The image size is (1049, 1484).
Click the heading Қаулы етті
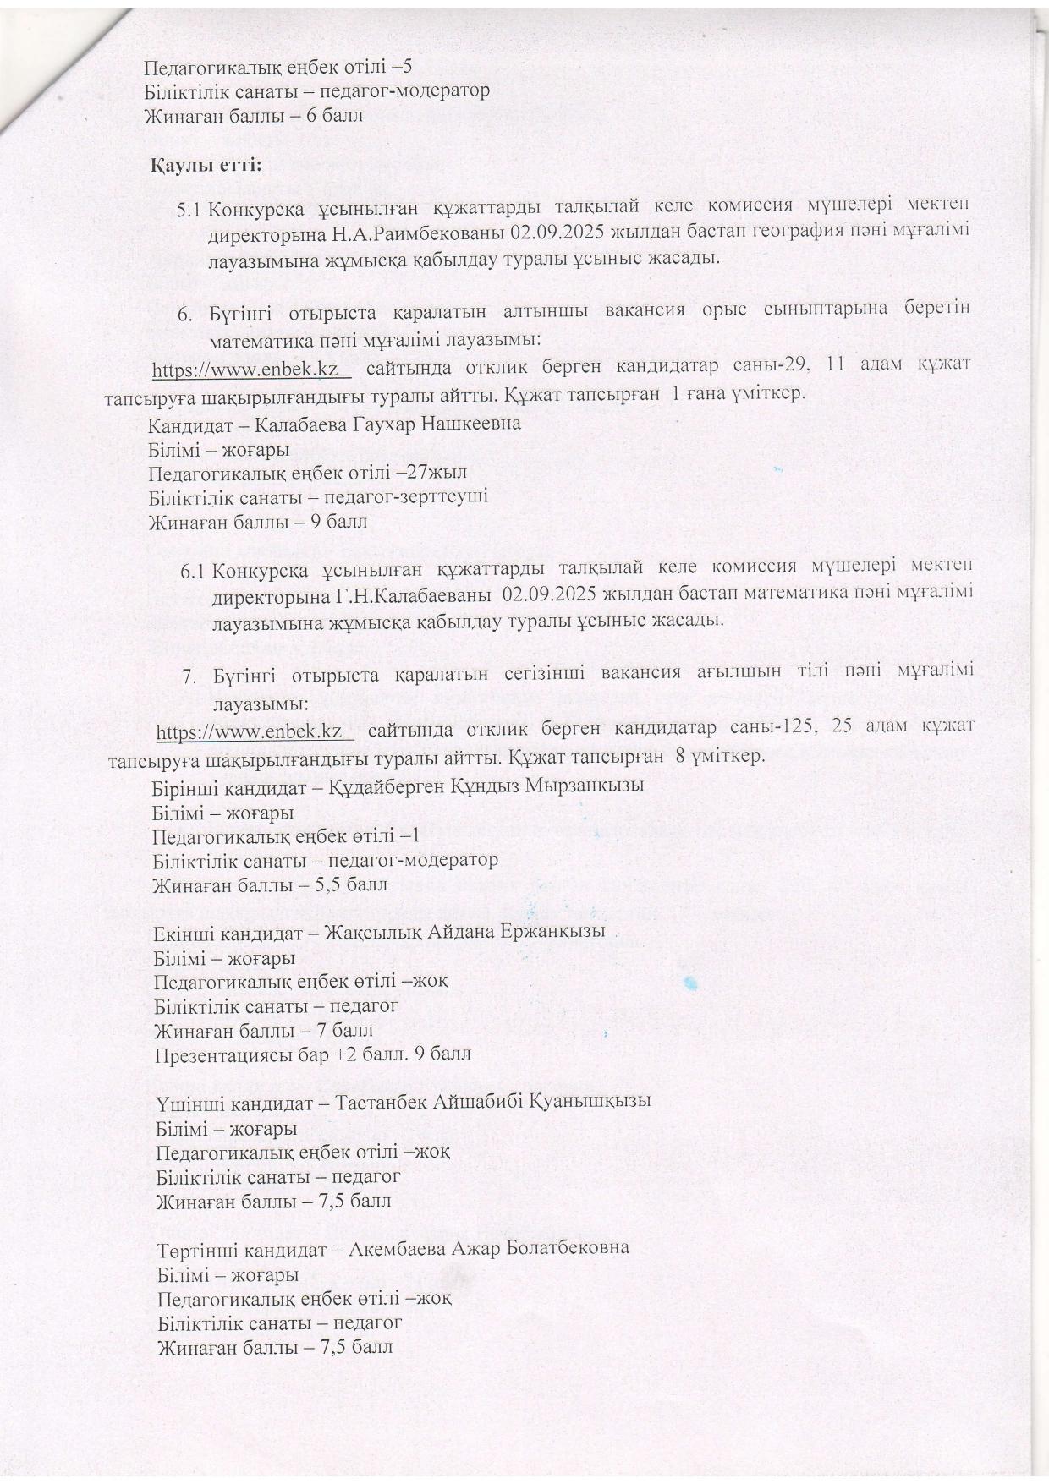[x=206, y=165]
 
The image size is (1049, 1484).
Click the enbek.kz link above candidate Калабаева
[x=250, y=370]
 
